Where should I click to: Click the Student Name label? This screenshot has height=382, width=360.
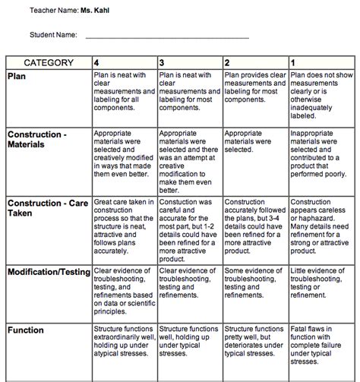tap(54, 35)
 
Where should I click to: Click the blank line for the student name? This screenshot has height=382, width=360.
tap(166, 36)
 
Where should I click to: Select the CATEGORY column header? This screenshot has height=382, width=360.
tap(49, 63)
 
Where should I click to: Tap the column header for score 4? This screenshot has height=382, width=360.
tap(95, 63)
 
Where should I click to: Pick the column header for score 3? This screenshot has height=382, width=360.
tap(162, 63)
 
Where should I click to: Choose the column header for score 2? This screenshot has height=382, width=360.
tap(227, 63)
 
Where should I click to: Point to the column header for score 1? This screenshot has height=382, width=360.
tap(293, 63)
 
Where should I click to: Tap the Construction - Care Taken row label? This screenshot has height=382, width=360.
tap(45, 207)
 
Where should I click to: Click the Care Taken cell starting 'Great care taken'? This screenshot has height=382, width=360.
tap(124, 225)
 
